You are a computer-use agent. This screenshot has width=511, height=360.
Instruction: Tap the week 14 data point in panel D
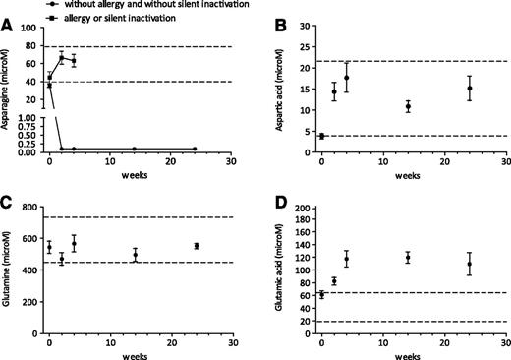point(408,258)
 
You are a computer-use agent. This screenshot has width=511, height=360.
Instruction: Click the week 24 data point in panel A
point(196,149)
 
